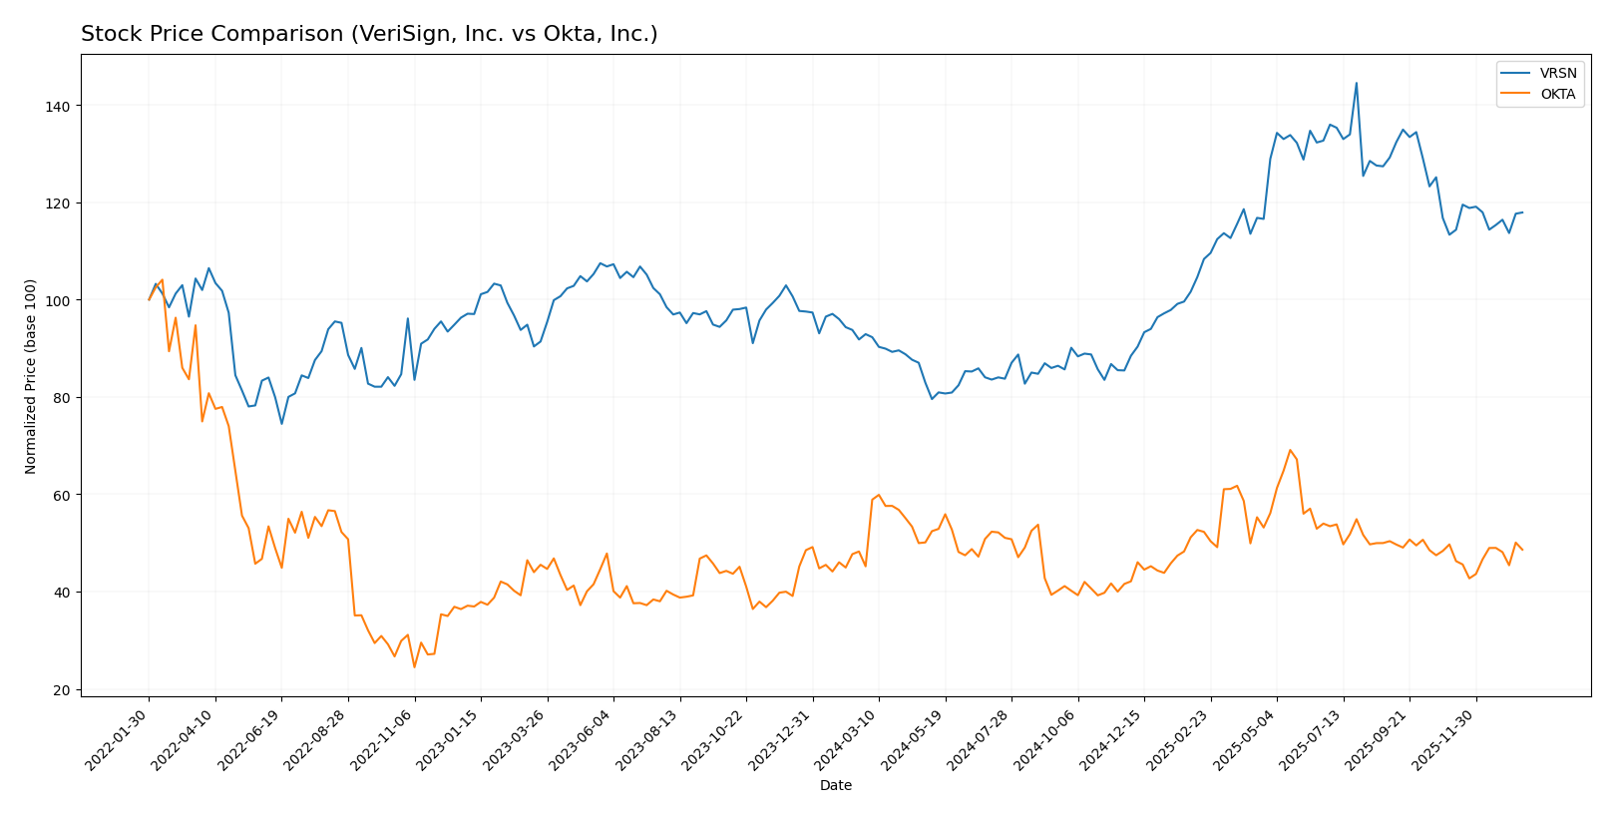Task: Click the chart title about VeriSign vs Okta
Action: [369, 35]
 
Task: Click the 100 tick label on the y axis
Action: [56, 300]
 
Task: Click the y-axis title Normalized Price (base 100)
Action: [31, 376]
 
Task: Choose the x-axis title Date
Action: [836, 786]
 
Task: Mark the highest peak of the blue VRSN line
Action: [1356, 83]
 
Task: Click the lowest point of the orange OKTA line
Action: [414, 666]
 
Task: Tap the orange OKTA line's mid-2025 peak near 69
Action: [1290, 450]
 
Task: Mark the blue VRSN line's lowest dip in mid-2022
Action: [281, 424]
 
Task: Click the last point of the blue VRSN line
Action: [1522, 211]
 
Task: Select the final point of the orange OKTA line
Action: [1522, 550]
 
